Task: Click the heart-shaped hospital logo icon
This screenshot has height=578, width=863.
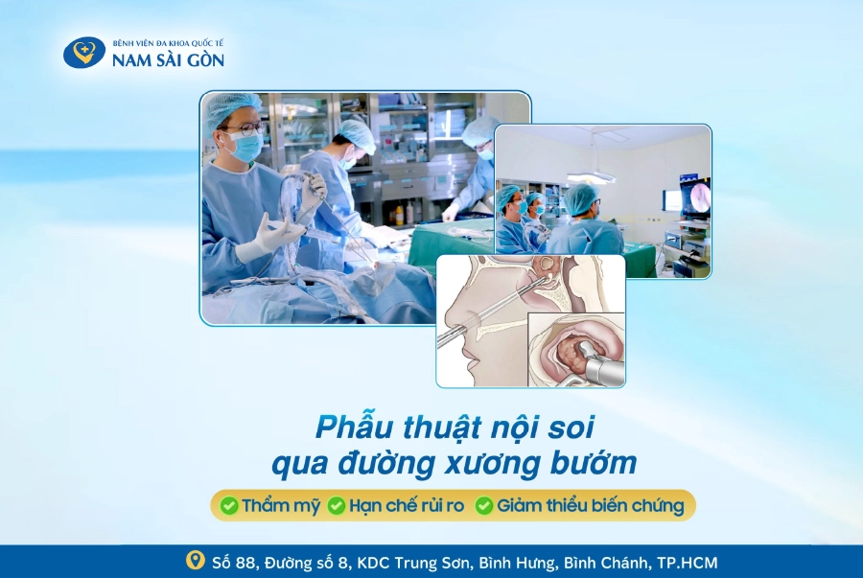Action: click(83, 52)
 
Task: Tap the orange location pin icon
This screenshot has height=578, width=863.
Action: click(196, 561)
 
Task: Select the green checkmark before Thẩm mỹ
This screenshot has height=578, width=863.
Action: click(229, 505)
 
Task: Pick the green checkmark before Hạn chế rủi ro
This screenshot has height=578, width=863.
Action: click(337, 505)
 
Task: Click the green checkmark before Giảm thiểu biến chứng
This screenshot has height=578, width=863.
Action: click(484, 505)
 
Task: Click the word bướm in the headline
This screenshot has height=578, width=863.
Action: click(593, 463)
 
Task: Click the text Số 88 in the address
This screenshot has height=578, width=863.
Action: click(234, 563)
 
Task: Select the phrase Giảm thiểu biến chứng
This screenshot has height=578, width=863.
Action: click(591, 505)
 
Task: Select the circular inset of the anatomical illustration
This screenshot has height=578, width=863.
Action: click(576, 349)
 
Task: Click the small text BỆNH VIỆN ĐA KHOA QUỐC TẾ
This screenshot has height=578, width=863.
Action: click(169, 43)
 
